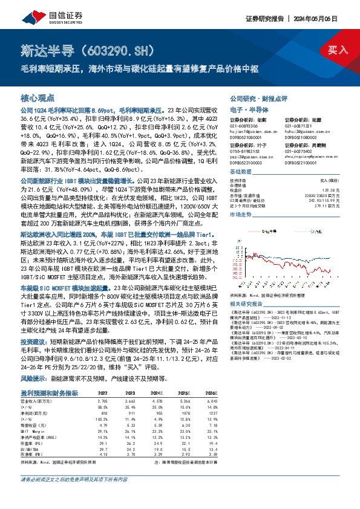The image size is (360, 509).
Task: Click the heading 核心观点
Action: (x=38, y=97)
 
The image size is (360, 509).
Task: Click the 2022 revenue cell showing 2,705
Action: (x=103, y=400)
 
